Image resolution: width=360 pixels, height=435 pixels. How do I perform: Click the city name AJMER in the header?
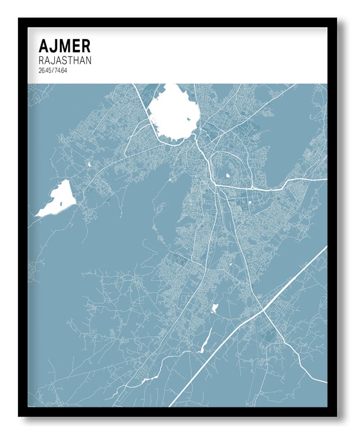click(64, 45)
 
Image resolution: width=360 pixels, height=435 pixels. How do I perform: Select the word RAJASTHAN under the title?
click(65, 60)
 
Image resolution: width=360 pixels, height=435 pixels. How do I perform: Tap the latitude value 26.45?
click(44, 70)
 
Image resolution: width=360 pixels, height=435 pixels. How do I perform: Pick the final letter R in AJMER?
click(85, 45)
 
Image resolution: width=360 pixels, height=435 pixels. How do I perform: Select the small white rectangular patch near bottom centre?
click(216, 308)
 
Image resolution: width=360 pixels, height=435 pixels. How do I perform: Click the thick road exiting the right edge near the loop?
click(311, 180)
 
